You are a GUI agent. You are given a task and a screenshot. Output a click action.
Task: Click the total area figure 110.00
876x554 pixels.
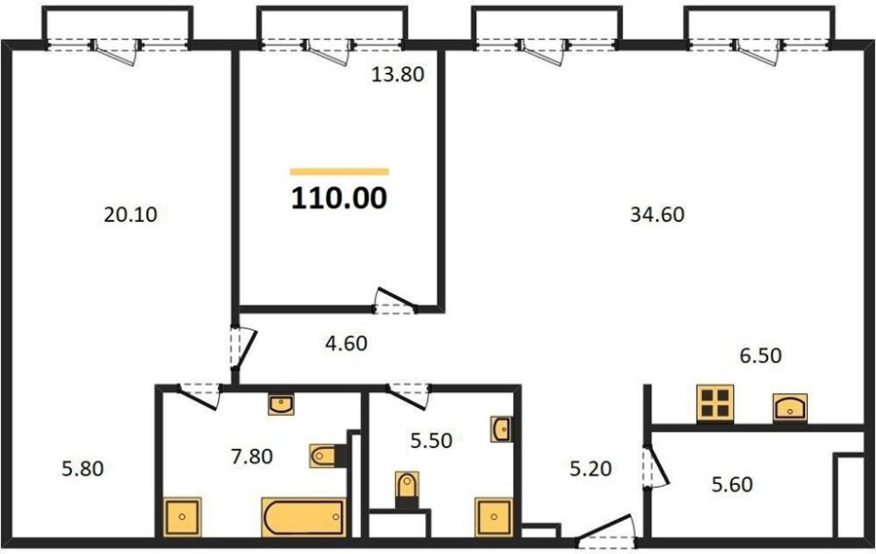click(x=339, y=199)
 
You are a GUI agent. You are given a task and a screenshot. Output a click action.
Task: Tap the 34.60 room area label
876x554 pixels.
click(x=657, y=214)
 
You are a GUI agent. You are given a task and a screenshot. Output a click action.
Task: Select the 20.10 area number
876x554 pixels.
click(x=130, y=214)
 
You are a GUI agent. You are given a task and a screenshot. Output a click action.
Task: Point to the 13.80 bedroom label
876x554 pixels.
click(x=398, y=74)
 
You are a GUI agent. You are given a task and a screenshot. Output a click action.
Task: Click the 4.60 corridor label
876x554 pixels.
click(x=347, y=344)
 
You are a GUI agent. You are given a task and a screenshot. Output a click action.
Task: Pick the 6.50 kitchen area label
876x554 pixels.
click(x=760, y=355)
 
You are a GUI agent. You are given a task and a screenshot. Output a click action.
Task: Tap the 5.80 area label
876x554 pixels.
click(x=83, y=468)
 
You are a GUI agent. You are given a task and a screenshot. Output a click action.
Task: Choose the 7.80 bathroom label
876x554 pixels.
click(x=252, y=457)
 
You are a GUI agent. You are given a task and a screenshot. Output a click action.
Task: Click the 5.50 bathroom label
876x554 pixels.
click(x=431, y=440)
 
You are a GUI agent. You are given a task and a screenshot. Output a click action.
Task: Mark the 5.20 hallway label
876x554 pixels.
click(x=591, y=468)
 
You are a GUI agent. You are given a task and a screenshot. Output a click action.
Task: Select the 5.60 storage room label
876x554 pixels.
click(x=732, y=484)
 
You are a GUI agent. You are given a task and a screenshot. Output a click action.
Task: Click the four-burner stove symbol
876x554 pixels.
click(x=715, y=403)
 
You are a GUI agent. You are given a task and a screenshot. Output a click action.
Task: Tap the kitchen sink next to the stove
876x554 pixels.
click(x=790, y=408)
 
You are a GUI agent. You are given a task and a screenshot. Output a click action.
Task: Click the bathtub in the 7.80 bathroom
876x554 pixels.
click(x=304, y=517)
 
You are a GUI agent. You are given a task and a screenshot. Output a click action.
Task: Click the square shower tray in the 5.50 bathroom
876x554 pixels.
click(x=493, y=517)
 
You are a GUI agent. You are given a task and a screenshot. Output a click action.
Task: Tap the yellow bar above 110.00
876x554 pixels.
click(x=339, y=171)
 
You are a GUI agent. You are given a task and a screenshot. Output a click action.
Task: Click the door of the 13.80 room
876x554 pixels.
click(x=395, y=301)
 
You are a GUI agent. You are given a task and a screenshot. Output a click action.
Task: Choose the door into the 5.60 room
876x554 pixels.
click(x=655, y=466)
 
